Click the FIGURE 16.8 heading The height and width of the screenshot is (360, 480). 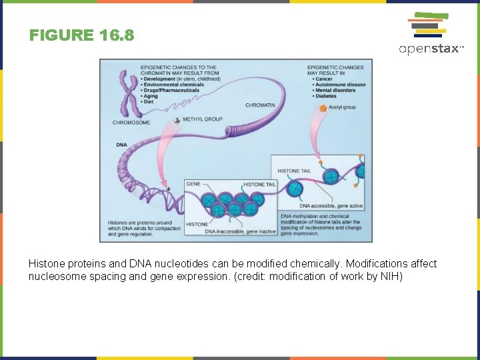(81, 35)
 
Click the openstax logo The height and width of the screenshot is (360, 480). (430, 33)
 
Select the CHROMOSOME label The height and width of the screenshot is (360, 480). (131, 123)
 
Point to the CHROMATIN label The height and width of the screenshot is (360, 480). (260, 105)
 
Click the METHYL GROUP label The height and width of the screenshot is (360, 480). (202, 119)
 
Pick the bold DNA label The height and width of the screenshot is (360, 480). (121, 145)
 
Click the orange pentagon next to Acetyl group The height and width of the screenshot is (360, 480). (323, 107)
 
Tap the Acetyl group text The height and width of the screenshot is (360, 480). (343, 107)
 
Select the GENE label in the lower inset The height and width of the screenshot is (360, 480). (193, 184)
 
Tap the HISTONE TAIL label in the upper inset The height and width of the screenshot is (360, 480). (294, 171)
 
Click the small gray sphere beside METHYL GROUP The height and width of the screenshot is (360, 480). (177, 120)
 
